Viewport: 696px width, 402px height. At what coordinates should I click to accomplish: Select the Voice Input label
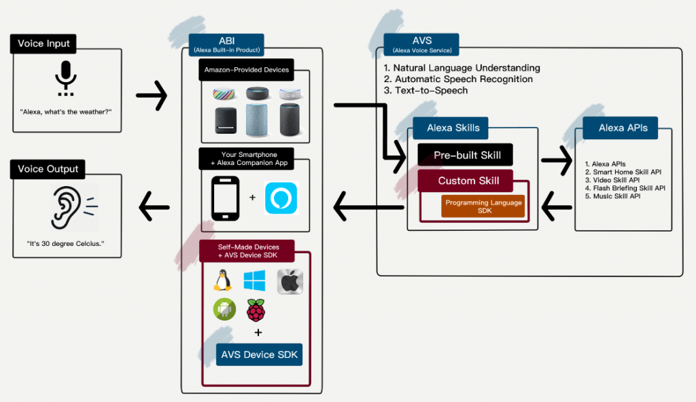tap(44, 43)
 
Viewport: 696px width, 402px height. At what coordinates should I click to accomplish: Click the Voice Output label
tap(48, 169)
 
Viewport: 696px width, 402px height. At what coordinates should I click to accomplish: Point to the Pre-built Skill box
tap(466, 155)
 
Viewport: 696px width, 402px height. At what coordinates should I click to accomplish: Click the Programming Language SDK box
tap(483, 206)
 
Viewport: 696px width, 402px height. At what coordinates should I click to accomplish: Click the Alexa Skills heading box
tap(453, 128)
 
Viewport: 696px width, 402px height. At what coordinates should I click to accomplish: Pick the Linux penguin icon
tap(222, 280)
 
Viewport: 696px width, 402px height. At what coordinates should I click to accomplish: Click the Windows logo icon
tap(255, 280)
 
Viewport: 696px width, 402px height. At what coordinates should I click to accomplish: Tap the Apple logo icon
tap(290, 281)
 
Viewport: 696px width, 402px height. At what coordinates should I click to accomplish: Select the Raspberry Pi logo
tap(256, 310)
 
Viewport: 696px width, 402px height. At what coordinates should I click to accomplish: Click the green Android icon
tap(224, 310)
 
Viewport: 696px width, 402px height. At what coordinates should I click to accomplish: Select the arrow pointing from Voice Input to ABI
tap(152, 95)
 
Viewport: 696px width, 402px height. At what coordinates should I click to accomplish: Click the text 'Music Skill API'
tap(613, 196)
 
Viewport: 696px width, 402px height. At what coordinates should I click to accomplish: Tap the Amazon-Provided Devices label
tap(246, 70)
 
